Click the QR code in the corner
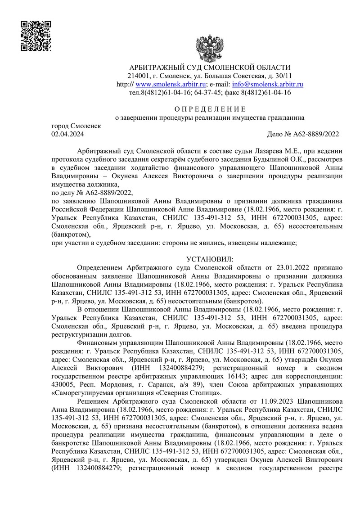point(36,36)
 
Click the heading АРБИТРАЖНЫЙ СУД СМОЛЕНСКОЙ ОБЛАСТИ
point(210,67)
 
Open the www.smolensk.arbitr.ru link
point(171,84)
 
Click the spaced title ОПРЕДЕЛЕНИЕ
point(210,109)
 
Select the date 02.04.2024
point(68,134)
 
